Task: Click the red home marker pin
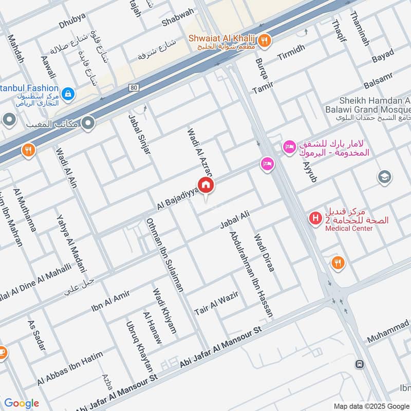pos(206,185)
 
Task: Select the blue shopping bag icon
pos(68,94)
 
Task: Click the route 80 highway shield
pos(134,88)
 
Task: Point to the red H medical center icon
pos(314,219)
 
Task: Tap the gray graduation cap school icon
pos(384,177)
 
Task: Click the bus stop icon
pos(360,364)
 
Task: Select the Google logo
pos(21,403)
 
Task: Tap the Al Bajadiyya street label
pos(177,199)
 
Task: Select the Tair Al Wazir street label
pos(214,304)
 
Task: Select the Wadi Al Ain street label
pos(66,168)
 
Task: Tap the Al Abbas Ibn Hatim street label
pos(70,368)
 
